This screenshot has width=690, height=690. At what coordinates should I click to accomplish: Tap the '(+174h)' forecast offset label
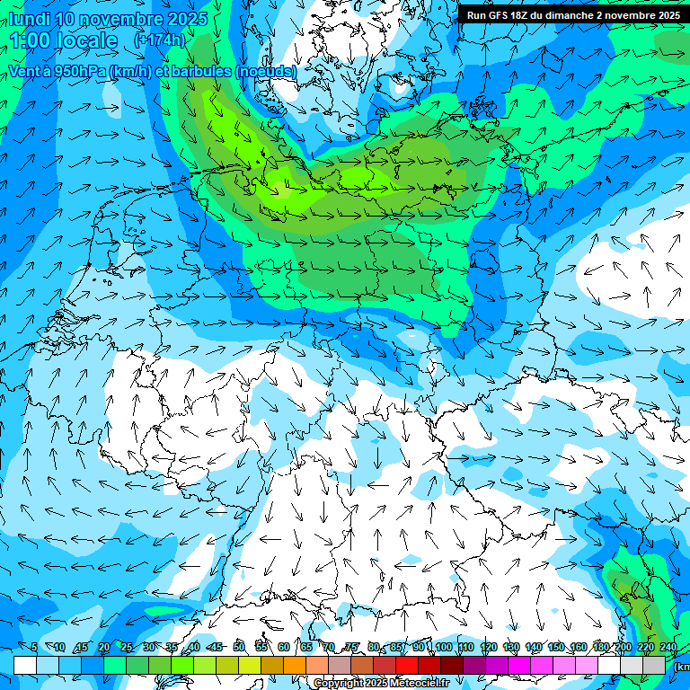159,40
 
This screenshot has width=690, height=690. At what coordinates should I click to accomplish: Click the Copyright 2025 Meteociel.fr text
381,684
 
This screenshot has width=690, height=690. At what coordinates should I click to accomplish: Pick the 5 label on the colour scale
34,647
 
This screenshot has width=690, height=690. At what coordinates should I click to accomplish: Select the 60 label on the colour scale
284,647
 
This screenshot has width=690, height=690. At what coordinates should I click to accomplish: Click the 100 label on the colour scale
442,647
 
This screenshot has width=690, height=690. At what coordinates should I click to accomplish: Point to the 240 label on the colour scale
668,647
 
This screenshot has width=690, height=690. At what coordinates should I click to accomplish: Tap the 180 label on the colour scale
601,647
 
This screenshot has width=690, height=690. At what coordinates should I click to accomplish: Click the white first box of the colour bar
25,665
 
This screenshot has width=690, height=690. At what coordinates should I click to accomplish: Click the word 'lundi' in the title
28,19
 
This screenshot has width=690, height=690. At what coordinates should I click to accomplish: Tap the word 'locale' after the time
85,40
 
